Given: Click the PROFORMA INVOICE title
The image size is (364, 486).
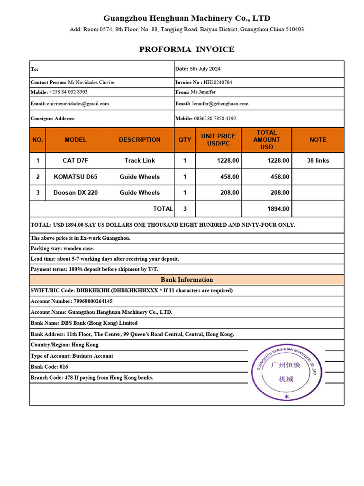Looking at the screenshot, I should tap(186, 49).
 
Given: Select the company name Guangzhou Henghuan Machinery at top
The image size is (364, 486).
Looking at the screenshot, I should tap(187, 19).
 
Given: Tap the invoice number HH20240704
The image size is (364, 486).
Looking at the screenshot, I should tap(218, 82).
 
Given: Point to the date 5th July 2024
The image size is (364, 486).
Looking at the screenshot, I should tap(205, 69).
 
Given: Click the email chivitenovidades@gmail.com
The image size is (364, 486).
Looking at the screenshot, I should tap(78, 103).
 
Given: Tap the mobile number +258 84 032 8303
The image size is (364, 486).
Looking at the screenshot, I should tap(68, 92).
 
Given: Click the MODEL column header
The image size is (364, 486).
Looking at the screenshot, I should tap(75, 140).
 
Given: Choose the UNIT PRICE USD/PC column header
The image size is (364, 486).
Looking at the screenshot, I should tap(218, 140).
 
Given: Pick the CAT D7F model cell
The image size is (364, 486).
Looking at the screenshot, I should tap(75, 160).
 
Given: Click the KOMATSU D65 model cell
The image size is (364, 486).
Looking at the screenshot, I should tap(75, 177).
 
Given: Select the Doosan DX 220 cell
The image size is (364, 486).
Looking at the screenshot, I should tap(75, 193).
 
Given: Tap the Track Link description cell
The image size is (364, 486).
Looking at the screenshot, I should tap(139, 160).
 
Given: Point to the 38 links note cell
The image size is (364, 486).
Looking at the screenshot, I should tap(318, 160).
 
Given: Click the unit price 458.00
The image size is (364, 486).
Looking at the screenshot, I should tap(229, 177).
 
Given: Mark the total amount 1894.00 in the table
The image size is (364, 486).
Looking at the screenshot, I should tap(278, 209).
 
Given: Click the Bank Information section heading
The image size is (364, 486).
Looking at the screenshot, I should tap(187, 280).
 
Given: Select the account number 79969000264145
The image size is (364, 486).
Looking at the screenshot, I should tap(93, 301).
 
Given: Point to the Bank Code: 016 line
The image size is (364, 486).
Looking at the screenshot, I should tap(49, 367).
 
